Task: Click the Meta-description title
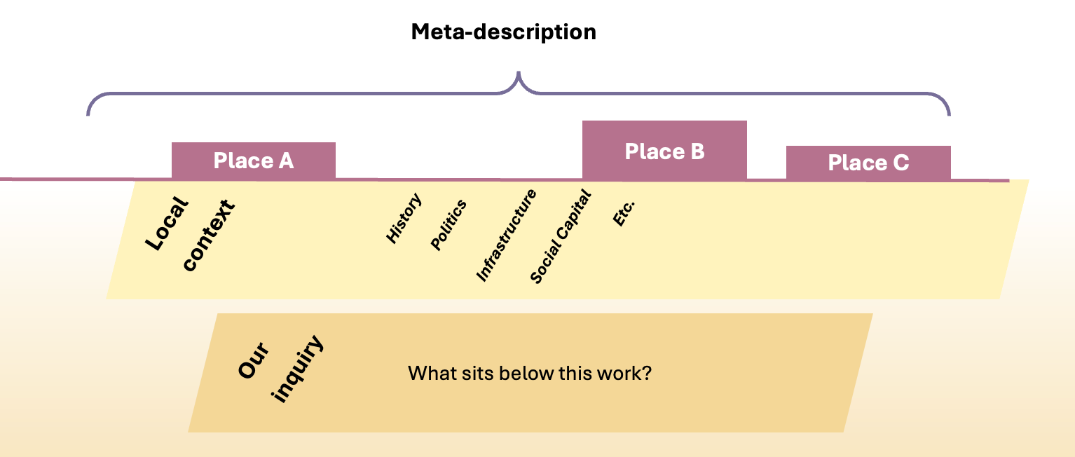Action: coord(503,32)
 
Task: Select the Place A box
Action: coord(254,161)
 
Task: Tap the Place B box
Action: coord(664,151)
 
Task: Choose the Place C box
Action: coord(868,163)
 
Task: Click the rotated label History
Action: coord(404,219)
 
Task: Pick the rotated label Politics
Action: coord(449,225)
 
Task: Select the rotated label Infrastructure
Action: coord(507,236)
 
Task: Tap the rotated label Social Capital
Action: coord(561,238)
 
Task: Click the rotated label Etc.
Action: coord(623,212)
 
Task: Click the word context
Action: coord(208,236)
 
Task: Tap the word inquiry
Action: coord(298,369)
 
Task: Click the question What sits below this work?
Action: coord(530,373)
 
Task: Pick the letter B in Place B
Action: coord(697,151)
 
